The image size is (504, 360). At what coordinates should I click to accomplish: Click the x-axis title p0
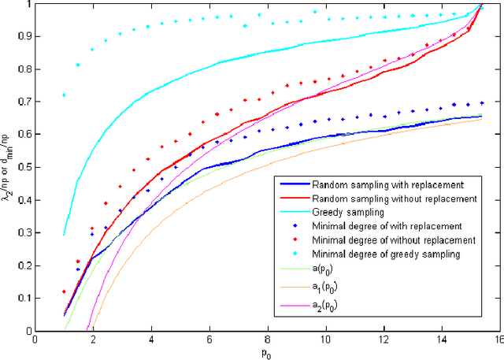(267, 354)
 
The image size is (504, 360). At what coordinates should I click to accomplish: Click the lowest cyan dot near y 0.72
(64, 95)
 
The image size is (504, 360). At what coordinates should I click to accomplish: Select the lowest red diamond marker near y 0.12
(64, 291)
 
